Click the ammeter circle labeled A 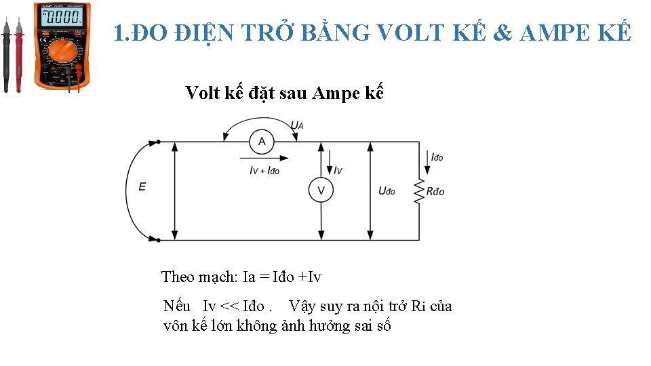262,142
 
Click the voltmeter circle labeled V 321,190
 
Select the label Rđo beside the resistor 435,192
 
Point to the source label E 142,187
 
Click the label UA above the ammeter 297,125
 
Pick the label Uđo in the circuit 387,191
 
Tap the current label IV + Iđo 264,171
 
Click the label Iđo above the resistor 437,157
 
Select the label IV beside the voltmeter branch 338,170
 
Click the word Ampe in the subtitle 336,93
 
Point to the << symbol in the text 231,306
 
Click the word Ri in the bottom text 418,306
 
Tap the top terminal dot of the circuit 158,142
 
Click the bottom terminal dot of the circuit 158,239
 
